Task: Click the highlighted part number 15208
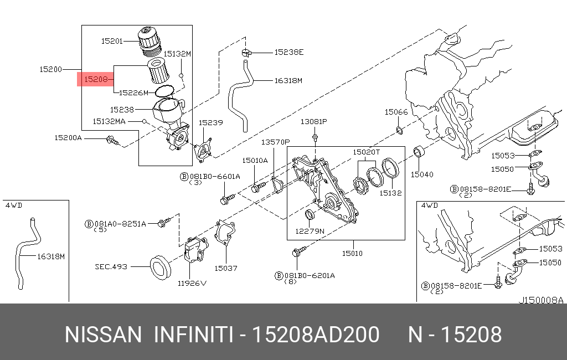tap(96, 79)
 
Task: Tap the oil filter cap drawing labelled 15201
tap(148, 42)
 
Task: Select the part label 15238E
tap(289, 52)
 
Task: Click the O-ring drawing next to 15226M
tap(164, 91)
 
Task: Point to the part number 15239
tap(211, 122)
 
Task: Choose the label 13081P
tap(314, 121)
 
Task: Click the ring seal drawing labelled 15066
tap(399, 130)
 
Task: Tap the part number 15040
tap(422, 174)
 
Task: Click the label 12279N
tap(310, 231)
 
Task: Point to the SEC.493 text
tap(111, 266)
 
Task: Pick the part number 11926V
tap(192, 283)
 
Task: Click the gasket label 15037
tap(226, 268)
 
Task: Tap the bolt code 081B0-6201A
tap(310, 276)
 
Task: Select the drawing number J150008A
tap(541, 300)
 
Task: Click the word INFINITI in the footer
tap(193, 335)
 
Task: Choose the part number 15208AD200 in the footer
tap(315, 335)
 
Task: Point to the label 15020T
tap(367, 152)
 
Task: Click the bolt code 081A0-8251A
tap(120, 224)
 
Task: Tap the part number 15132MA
tap(109, 121)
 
